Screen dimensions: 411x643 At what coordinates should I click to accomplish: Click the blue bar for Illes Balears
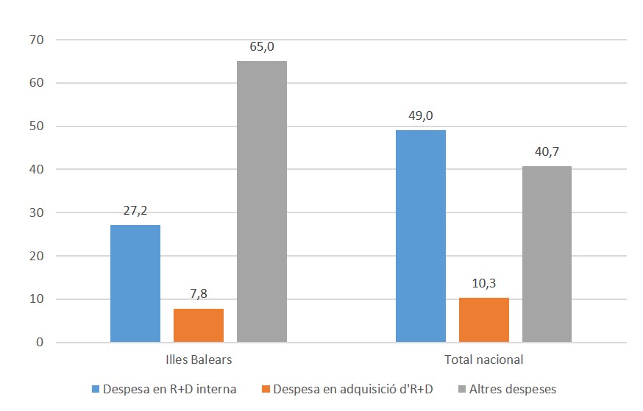pyautogui.click(x=135, y=283)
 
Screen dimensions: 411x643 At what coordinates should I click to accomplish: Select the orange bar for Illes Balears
pyautogui.click(x=199, y=325)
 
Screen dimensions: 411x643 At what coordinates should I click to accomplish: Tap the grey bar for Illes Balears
pyautogui.click(x=262, y=201)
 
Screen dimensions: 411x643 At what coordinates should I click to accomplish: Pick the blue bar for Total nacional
pyautogui.click(x=421, y=236)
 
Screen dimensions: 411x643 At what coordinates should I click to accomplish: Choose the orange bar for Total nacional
pyautogui.click(x=484, y=320)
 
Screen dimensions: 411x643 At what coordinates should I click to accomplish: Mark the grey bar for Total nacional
pyautogui.click(x=547, y=254)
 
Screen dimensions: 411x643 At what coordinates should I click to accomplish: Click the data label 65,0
pyautogui.click(x=262, y=46)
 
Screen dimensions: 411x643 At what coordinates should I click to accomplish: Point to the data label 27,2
pyautogui.click(x=135, y=211)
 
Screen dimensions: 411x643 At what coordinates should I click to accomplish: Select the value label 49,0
pyautogui.click(x=421, y=116)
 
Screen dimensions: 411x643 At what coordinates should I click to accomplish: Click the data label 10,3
pyautogui.click(x=484, y=284)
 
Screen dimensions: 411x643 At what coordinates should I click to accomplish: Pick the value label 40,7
pyautogui.click(x=547, y=152)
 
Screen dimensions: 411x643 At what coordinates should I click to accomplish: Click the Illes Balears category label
pyautogui.click(x=199, y=360)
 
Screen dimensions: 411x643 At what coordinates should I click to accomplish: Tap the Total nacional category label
pyautogui.click(x=483, y=360)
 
